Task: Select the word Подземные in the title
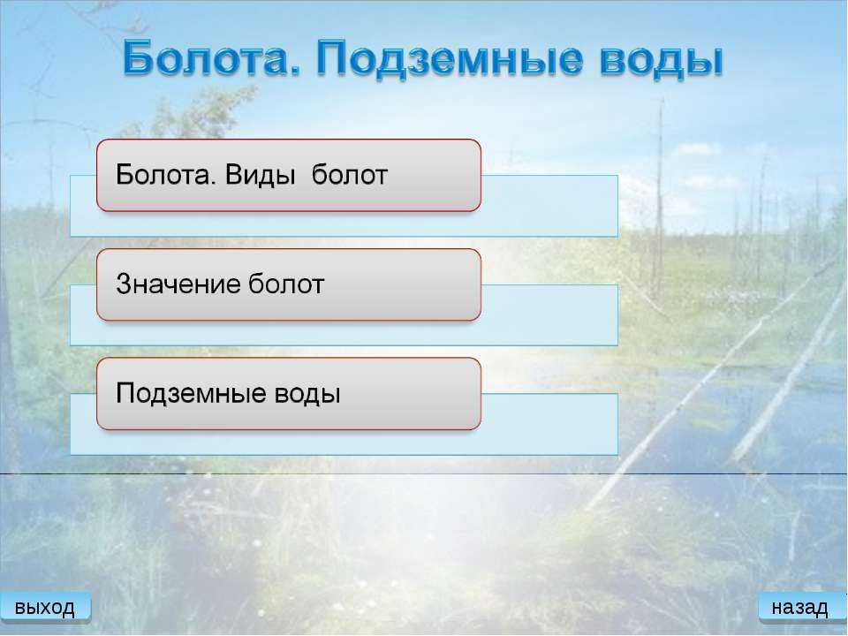coord(450,59)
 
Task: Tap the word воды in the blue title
coord(661,59)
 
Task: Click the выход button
coord(45,608)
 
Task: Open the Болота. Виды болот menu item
coord(289,175)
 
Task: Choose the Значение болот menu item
coord(289,285)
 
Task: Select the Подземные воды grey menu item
coord(289,394)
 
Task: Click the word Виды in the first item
coord(260,175)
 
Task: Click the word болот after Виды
coord(350,175)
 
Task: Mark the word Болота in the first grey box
coord(165,175)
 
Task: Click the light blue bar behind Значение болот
coord(549,315)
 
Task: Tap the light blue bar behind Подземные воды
coord(549,425)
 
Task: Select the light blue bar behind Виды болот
coord(549,206)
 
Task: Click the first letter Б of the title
coord(137,57)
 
